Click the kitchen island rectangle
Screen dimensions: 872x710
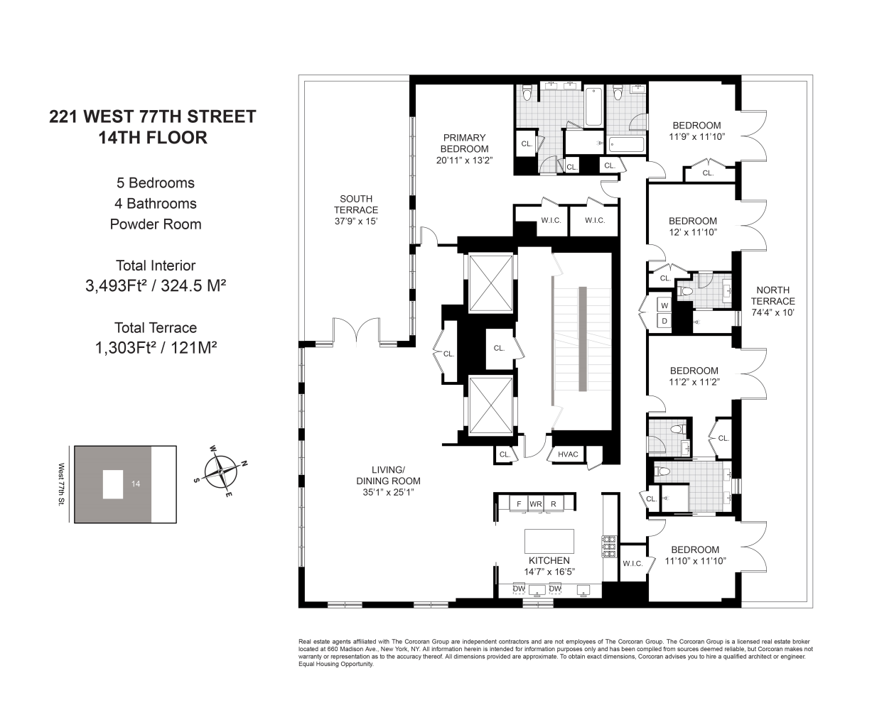click(549, 541)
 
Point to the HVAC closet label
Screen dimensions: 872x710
click(568, 454)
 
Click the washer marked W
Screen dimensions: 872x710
click(664, 305)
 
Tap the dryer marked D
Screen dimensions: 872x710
click(664, 321)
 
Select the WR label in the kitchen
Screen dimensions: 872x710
click(535, 504)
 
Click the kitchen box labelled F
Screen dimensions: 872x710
click(519, 504)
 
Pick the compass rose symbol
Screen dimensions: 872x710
click(220, 472)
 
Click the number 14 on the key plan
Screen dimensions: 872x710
click(136, 484)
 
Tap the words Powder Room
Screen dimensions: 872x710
click(156, 224)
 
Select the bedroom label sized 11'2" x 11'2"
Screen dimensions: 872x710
click(694, 376)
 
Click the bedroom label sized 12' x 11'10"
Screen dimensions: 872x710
click(693, 226)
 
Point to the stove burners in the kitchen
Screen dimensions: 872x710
click(609, 545)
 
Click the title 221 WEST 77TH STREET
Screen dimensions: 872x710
click(153, 116)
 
